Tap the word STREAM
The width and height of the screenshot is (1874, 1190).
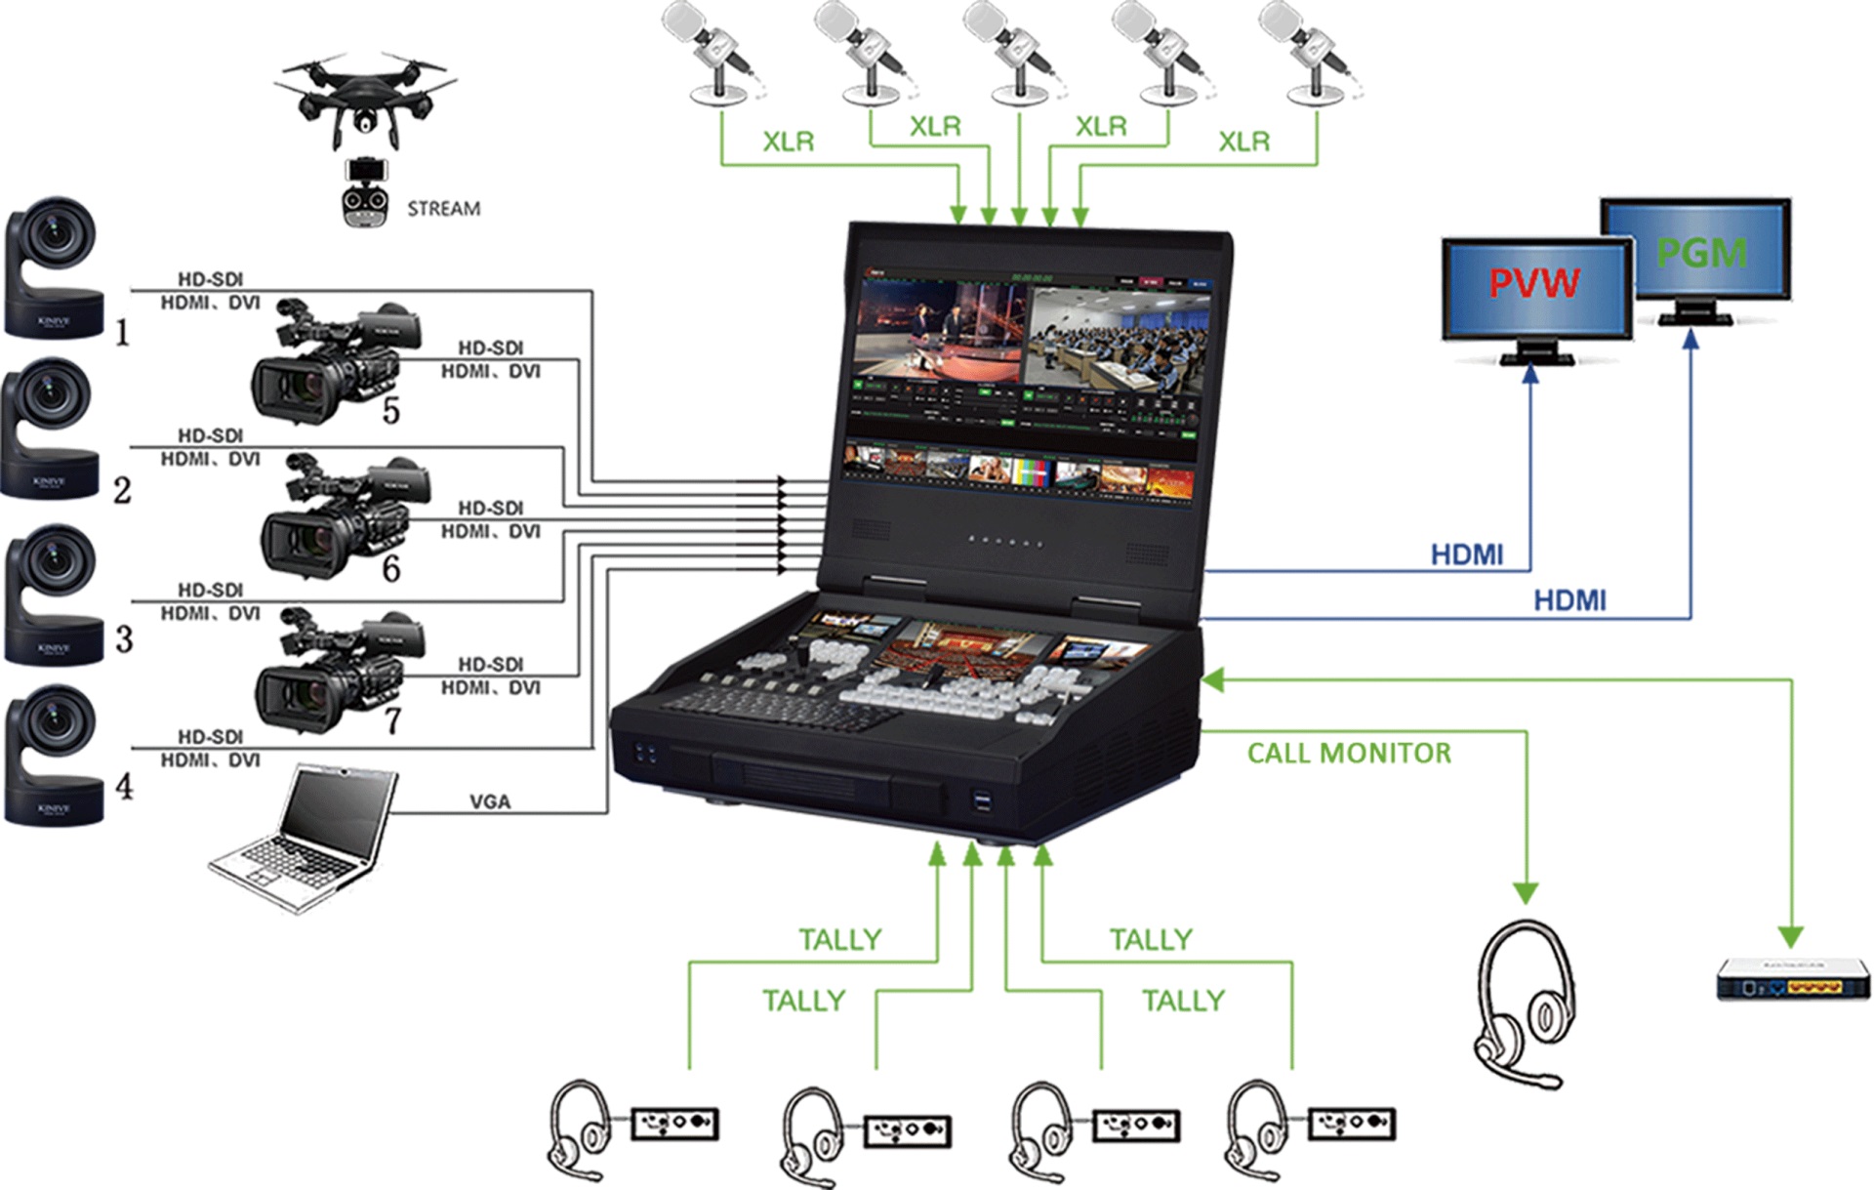tap(444, 209)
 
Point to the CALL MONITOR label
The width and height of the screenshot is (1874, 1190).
tap(1349, 754)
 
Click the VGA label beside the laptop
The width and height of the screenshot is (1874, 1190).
tap(490, 801)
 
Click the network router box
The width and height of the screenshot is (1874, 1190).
tap(1793, 979)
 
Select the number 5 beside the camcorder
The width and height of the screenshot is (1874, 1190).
tap(391, 411)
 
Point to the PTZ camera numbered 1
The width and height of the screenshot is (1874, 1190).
tap(55, 267)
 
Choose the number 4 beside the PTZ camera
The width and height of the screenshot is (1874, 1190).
tap(124, 786)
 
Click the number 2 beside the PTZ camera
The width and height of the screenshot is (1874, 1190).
tap(122, 490)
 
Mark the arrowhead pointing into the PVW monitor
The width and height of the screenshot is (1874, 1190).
tap(1530, 373)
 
